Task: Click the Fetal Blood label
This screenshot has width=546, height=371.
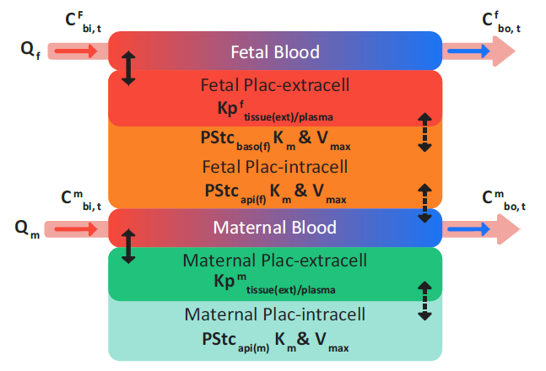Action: [x=275, y=52]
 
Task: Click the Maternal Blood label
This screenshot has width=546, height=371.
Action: [x=274, y=228]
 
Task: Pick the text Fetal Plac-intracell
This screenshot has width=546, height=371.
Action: [x=275, y=166]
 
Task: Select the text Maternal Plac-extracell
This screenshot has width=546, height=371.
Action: [x=275, y=261]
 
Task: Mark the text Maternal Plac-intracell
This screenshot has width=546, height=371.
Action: [x=275, y=315]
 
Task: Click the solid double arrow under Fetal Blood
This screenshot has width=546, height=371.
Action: [x=128, y=67]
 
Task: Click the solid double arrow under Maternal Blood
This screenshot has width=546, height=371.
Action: [x=128, y=245]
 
